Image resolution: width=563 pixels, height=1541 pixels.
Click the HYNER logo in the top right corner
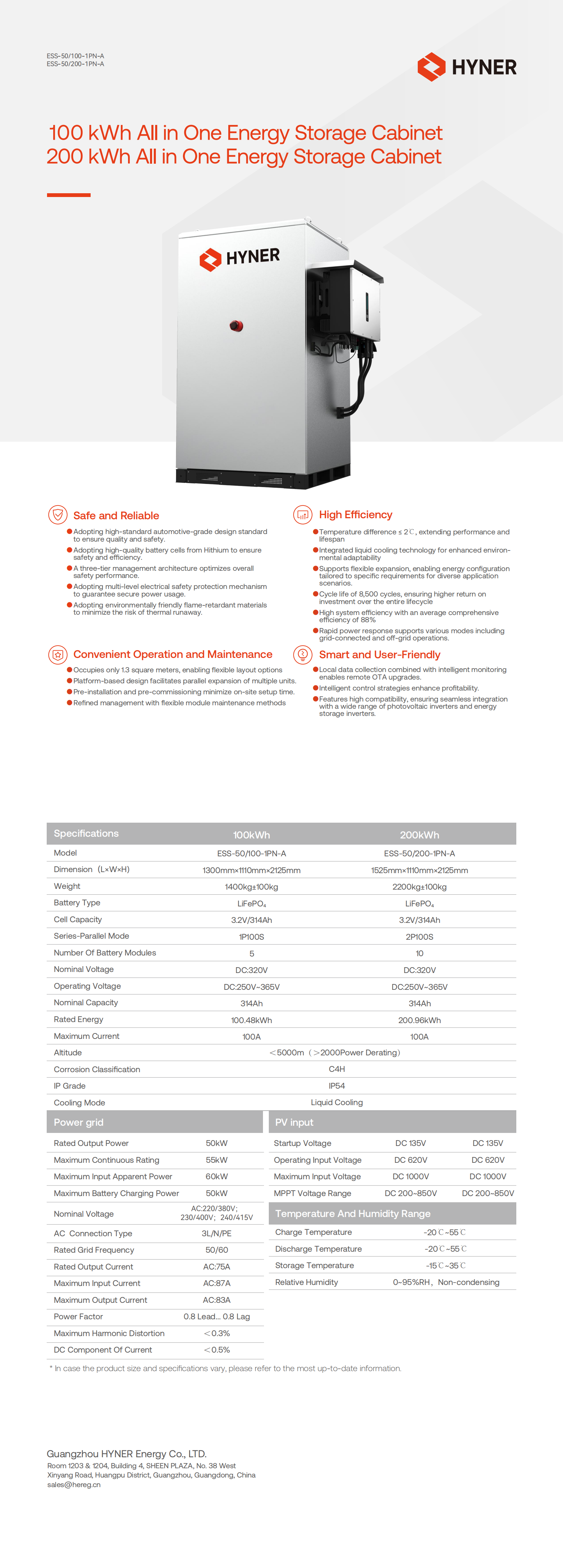pos(467,67)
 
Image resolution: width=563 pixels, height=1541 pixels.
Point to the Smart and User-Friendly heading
pos(379,654)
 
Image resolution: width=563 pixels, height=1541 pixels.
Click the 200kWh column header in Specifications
pos(420,835)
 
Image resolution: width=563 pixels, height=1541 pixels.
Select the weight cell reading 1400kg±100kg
pos(251,887)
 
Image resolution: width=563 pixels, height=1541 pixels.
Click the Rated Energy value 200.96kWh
pos(420,1020)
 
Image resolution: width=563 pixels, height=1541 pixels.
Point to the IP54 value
pos(337,1086)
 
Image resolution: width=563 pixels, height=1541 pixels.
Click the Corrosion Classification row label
pos(97,1069)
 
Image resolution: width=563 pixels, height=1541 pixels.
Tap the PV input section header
pos(294,1122)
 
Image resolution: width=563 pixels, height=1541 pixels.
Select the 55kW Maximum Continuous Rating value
pos(217,1160)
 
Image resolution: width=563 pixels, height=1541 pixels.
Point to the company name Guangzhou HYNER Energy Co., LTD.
pos(126,1454)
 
